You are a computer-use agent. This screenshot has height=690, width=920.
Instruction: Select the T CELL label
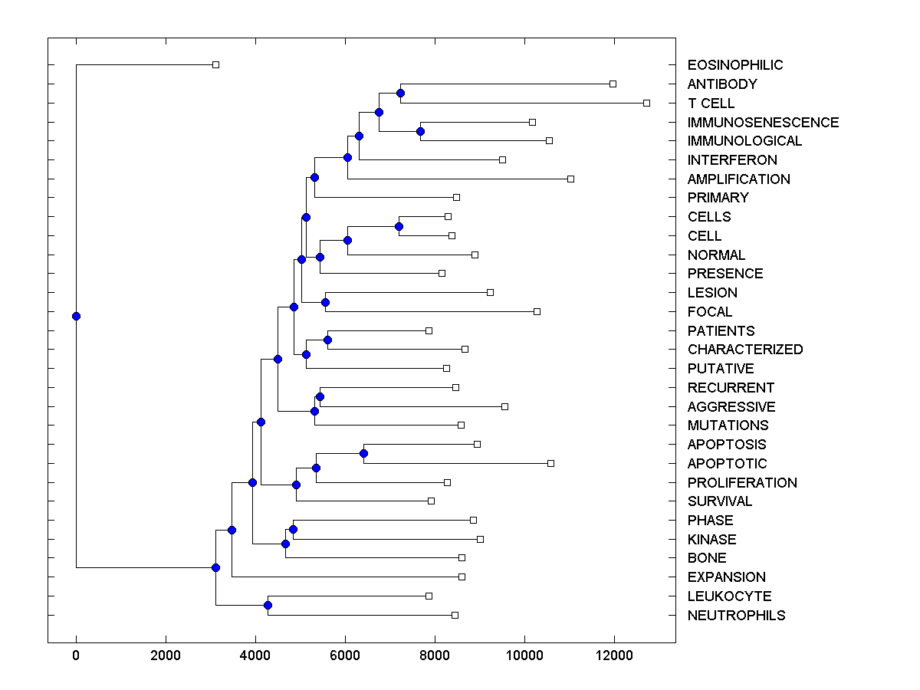click(711, 103)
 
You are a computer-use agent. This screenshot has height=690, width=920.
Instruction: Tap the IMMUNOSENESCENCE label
click(763, 122)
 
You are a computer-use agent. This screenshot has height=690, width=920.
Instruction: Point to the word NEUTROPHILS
click(736, 615)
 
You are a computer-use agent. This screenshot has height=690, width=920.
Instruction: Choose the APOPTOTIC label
click(727, 463)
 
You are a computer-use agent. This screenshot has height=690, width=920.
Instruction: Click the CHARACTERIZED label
click(745, 350)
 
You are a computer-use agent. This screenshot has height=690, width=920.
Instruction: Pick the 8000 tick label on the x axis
click(435, 655)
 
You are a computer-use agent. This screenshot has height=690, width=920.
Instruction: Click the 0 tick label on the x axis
click(76, 655)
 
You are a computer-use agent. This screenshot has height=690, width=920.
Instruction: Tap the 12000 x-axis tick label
click(614, 655)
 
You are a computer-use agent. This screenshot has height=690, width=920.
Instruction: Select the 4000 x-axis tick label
click(255, 655)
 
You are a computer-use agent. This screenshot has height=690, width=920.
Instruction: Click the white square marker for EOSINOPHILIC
click(215, 64)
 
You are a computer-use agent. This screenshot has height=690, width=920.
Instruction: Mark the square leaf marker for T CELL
click(646, 103)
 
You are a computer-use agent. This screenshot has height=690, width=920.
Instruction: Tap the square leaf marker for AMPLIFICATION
click(570, 179)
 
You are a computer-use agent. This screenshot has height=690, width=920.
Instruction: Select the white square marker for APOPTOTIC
click(550, 463)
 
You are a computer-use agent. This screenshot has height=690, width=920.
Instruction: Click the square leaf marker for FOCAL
click(537, 311)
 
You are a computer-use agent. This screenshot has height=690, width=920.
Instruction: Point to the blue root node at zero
click(76, 316)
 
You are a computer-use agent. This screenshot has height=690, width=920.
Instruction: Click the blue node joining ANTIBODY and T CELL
click(400, 93)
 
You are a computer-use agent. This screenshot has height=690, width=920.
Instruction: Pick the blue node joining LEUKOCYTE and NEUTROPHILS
click(268, 605)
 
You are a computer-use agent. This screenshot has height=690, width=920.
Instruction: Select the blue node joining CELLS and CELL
click(399, 226)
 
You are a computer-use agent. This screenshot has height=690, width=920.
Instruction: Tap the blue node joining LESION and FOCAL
click(325, 302)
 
